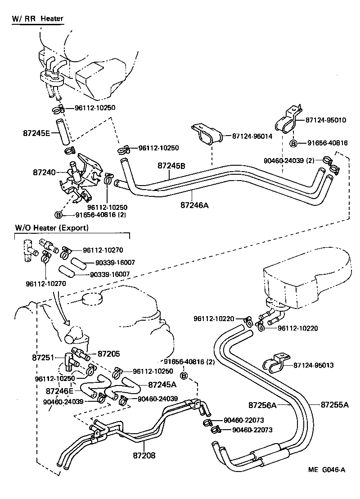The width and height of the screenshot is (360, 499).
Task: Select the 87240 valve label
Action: tap(44, 172)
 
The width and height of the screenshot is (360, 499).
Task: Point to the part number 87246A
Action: tap(194, 205)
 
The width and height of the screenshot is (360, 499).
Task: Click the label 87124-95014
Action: tap(252, 136)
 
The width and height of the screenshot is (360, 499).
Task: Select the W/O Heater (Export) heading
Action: tap(50, 228)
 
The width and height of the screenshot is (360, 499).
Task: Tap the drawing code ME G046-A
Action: tap(327, 470)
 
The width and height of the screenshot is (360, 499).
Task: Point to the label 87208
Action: tap(144, 455)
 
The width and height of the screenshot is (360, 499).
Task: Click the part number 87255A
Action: tap(334, 404)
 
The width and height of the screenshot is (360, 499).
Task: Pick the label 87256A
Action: tap(261, 404)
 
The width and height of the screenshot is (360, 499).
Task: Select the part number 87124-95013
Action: tap(313, 365)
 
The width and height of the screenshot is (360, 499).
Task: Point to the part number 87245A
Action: tap(162, 385)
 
